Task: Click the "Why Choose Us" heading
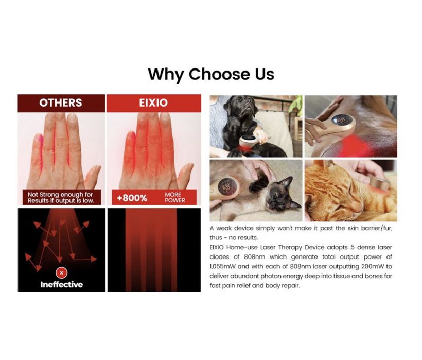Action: point(211,74)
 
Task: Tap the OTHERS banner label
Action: point(61,102)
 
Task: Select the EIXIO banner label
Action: point(153,102)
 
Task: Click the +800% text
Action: point(132,198)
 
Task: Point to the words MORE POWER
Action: point(175,197)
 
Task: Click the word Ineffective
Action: point(62,285)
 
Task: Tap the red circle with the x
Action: point(62,273)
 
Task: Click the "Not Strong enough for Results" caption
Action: point(61,197)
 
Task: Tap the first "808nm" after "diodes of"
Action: point(254,257)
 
